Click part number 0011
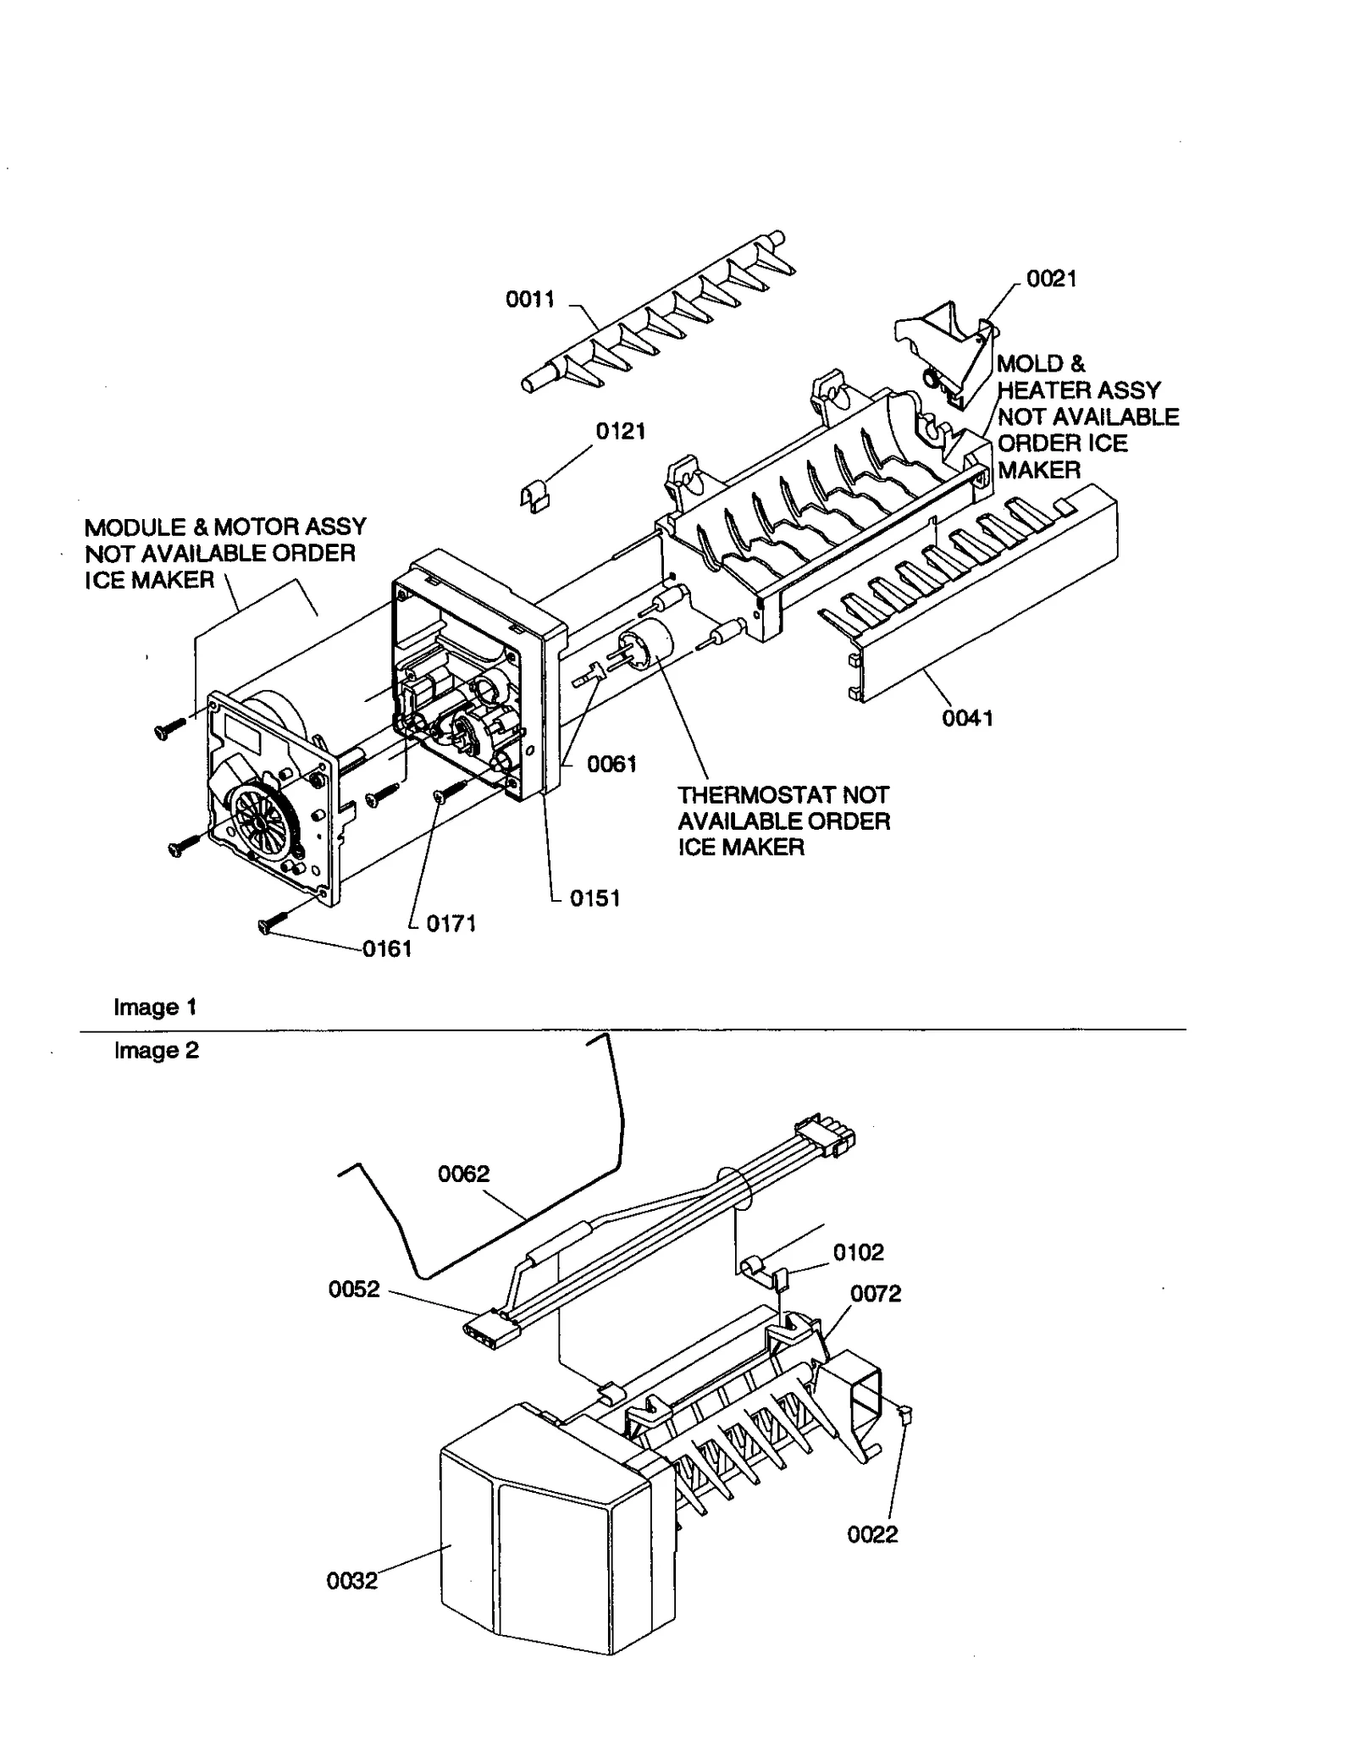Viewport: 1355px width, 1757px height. tap(530, 299)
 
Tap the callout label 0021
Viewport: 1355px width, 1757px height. tap(1051, 279)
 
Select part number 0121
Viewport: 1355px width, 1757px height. tap(620, 431)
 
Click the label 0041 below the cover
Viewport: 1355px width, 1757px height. tap(967, 718)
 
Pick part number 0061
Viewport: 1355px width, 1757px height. tap(611, 764)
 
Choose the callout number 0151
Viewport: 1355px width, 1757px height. tap(595, 898)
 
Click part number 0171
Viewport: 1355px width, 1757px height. tap(451, 924)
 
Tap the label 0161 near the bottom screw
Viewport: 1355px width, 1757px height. tap(387, 949)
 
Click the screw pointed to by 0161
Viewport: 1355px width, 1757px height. tap(268, 926)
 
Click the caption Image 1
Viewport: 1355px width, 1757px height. tap(155, 1007)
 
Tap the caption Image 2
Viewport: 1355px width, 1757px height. tap(156, 1050)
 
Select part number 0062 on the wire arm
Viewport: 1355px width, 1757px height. tap(463, 1174)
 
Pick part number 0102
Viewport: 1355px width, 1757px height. tap(858, 1252)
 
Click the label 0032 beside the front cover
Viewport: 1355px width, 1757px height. tap(351, 1581)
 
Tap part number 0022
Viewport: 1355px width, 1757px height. tap(872, 1534)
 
